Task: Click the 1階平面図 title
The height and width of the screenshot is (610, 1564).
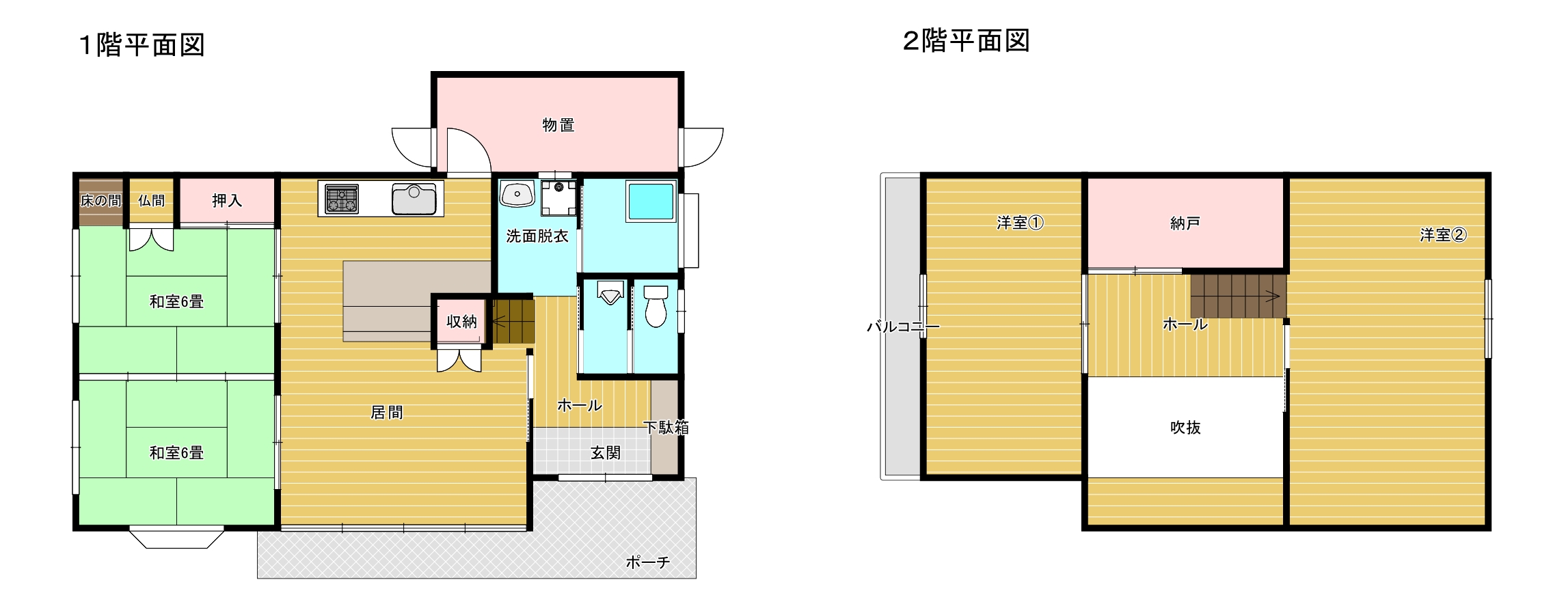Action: (x=142, y=45)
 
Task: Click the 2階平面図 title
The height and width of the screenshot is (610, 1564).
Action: (x=966, y=41)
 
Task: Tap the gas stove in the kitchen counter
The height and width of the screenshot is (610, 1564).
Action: (x=341, y=199)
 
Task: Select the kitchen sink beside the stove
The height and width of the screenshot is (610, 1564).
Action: (x=414, y=199)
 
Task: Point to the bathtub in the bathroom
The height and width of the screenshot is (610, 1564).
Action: (x=651, y=202)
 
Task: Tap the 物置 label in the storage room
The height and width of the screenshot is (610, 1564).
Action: (x=558, y=125)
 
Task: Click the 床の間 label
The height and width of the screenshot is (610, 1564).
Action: (x=100, y=200)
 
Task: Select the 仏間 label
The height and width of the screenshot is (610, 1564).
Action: (x=151, y=200)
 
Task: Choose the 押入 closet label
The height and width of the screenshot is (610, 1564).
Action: (x=227, y=200)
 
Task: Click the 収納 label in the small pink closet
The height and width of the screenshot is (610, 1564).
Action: (x=461, y=321)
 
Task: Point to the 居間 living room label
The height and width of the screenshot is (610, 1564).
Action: (x=387, y=413)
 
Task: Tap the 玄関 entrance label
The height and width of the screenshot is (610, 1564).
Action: (x=606, y=453)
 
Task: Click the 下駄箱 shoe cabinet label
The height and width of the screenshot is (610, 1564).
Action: (x=666, y=428)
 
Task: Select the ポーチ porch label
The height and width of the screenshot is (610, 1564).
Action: (x=647, y=562)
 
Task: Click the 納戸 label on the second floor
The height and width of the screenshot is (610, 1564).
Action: (x=1185, y=223)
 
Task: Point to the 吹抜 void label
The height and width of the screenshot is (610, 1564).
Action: (x=1185, y=428)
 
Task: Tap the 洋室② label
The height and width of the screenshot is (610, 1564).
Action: (x=1443, y=235)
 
